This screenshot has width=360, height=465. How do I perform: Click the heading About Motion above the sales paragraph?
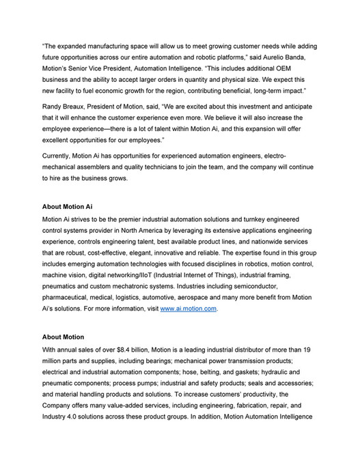click(63, 337)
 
